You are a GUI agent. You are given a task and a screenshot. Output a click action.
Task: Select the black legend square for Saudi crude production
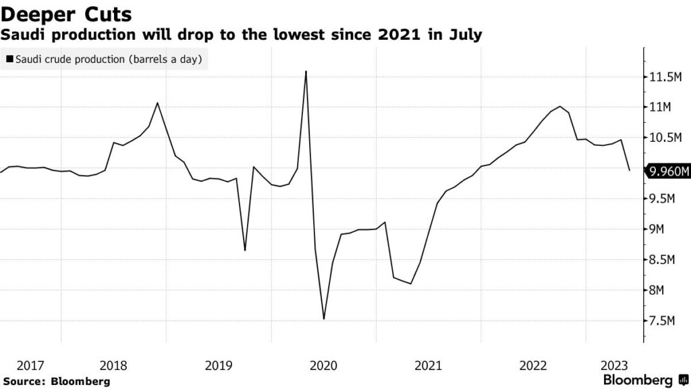click(x=9, y=59)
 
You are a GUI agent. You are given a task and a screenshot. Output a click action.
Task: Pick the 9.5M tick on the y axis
click(x=663, y=199)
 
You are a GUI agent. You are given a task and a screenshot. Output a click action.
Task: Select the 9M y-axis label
click(x=659, y=230)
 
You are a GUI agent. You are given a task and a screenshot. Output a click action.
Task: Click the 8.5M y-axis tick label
click(x=663, y=260)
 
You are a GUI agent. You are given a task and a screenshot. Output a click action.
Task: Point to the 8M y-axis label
click(x=659, y=290)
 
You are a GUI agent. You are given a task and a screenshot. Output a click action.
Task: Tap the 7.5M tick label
click(x=663, y=321)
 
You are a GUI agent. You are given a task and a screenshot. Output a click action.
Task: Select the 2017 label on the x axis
click(x=30, y=366)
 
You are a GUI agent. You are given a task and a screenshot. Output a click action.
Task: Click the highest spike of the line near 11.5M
click(x=306, y=71)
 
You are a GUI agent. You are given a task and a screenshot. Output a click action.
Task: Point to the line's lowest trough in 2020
click(x=324, y=319)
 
